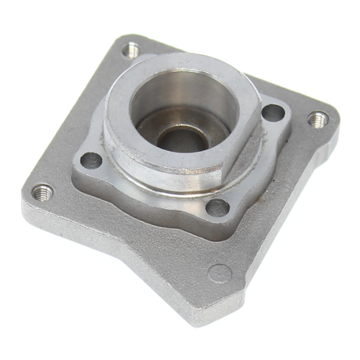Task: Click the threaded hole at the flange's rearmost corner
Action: coord(130,50)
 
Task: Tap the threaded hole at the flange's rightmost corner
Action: coord(318,118)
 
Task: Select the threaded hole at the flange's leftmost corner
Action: coord(42,192)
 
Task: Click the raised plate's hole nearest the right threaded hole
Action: coord(272,112)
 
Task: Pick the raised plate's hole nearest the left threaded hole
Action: coord(91,160)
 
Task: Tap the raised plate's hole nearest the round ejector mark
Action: coord(217,208)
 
